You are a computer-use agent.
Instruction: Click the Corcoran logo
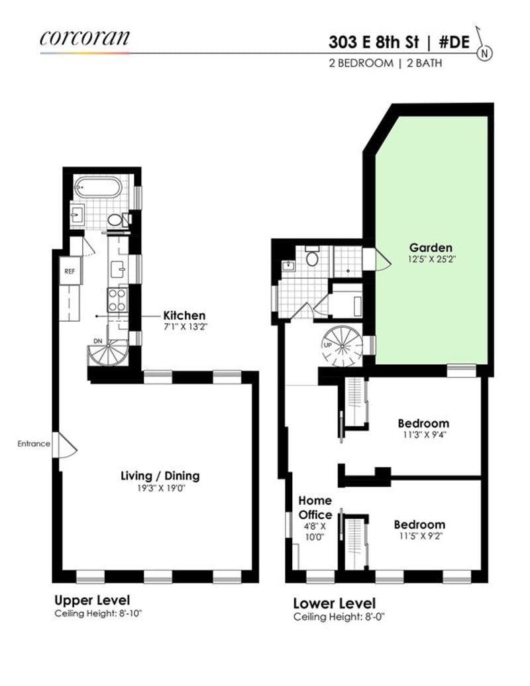pos(84,38)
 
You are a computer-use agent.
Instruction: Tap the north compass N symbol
pos(484,54)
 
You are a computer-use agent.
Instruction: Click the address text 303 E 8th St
pos(374,42)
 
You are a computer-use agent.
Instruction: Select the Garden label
pos(431,247)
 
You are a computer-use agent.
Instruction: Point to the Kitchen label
pos(184,315)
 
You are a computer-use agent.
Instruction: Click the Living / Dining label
pos(160,475)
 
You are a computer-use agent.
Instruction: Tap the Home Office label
pos(315,507)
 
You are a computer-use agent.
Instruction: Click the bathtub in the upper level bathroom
pos(97,187)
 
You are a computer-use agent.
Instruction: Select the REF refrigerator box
pos(70,271)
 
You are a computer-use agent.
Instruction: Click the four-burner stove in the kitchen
pos(117,300)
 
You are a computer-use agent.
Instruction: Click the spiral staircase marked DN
pos(108,353)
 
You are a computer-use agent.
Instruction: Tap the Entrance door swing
pos(68,446)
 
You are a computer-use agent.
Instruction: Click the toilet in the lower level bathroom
pos(312,256)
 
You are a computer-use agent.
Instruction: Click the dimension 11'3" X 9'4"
pos(423,435)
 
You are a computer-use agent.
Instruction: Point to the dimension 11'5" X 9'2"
pos(419,536)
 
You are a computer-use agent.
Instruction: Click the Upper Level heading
pos(92,600)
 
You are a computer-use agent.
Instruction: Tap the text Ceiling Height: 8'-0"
pos(339,617)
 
